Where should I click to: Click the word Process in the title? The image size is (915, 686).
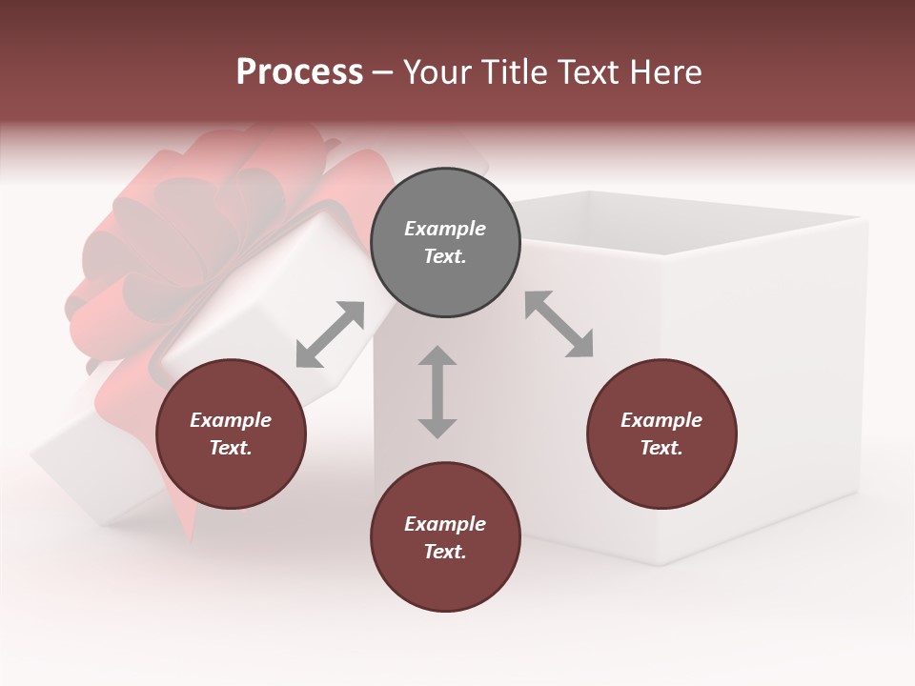tap(299, 72)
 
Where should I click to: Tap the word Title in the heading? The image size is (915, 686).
tap(516, 72)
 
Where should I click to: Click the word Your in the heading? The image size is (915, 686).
tap(439, 72)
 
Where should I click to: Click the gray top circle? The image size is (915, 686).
tap(445, 242)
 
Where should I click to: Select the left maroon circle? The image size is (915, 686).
tap(231, 434)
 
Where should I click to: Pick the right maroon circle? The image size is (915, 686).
tap(661, 434)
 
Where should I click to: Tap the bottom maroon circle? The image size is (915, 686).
tap(445, 537)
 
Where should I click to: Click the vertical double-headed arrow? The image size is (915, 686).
tap(437, 392)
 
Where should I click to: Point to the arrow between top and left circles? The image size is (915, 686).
tap(330, 334)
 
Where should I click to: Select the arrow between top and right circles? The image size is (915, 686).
tap(559, 324)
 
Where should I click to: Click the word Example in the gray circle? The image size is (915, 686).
tap(445, 229)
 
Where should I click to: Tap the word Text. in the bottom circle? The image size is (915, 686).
tap(445, 552)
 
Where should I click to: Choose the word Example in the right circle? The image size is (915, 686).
tap(661, 420)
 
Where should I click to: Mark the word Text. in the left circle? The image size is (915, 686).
tap(231, 448)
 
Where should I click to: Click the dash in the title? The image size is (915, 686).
tap(383, 72)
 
